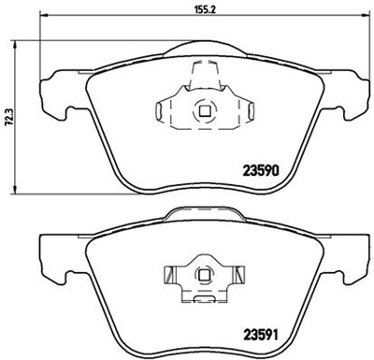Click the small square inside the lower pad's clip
point(201,275)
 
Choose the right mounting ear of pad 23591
point(348,257)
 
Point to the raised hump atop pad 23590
point(203,51)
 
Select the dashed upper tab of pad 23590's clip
point(203,75)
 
